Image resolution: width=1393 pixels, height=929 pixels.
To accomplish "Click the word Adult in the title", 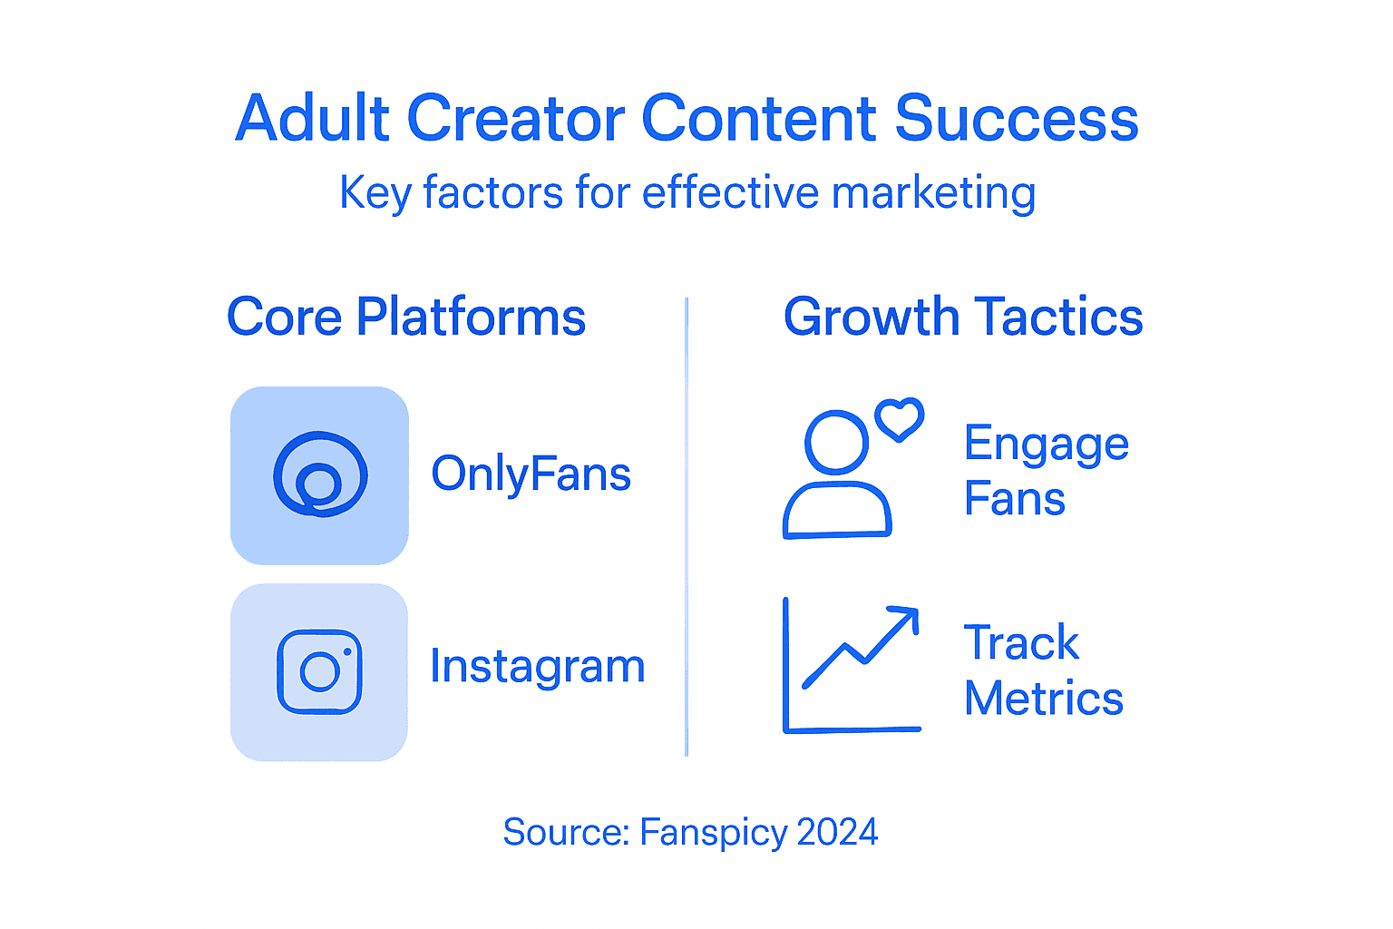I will pyautogui.click(x=313, y=119).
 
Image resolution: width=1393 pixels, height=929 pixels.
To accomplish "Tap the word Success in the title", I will pyautogui.click(x=1017, y=119).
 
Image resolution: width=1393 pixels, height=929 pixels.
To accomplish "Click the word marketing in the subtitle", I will pyautogui.click(x=933, y=193).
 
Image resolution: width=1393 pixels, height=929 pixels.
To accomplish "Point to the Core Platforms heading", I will pyautogui.click(x=406, y=317).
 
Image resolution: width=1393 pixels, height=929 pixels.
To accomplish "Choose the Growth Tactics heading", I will pyautogui.click(x=963, y=317).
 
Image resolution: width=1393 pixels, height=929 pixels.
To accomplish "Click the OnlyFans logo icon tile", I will pyautogui.click(x=319, y=475).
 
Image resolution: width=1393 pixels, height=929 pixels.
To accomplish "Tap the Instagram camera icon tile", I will pyautogui.click(x=319, y=672).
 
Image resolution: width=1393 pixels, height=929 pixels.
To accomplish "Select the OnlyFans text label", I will pyautogui.click(x=531, y=474).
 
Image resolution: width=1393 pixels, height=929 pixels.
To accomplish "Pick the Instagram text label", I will pyautogui.click(x=537, y=666).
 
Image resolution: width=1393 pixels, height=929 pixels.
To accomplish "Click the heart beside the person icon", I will pyautogui.click(x=899, y=419).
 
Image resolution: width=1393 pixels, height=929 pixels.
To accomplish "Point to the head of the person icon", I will pyautogui.click(x=836, y=443).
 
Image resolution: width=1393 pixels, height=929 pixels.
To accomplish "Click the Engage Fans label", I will pyautogui.click(x=1046, y=470).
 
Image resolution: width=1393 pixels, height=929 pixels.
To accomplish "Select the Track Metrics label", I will pyautogui.click(x=1043, y=670).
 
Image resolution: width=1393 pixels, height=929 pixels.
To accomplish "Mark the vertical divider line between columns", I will pyautogui.click(x=687, y=526).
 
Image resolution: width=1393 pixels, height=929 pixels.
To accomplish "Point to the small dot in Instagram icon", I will pyautogui.click(x=347, y=651).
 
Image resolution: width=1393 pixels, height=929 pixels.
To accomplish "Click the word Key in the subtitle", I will pyautogui.click(x=375, y=193).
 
